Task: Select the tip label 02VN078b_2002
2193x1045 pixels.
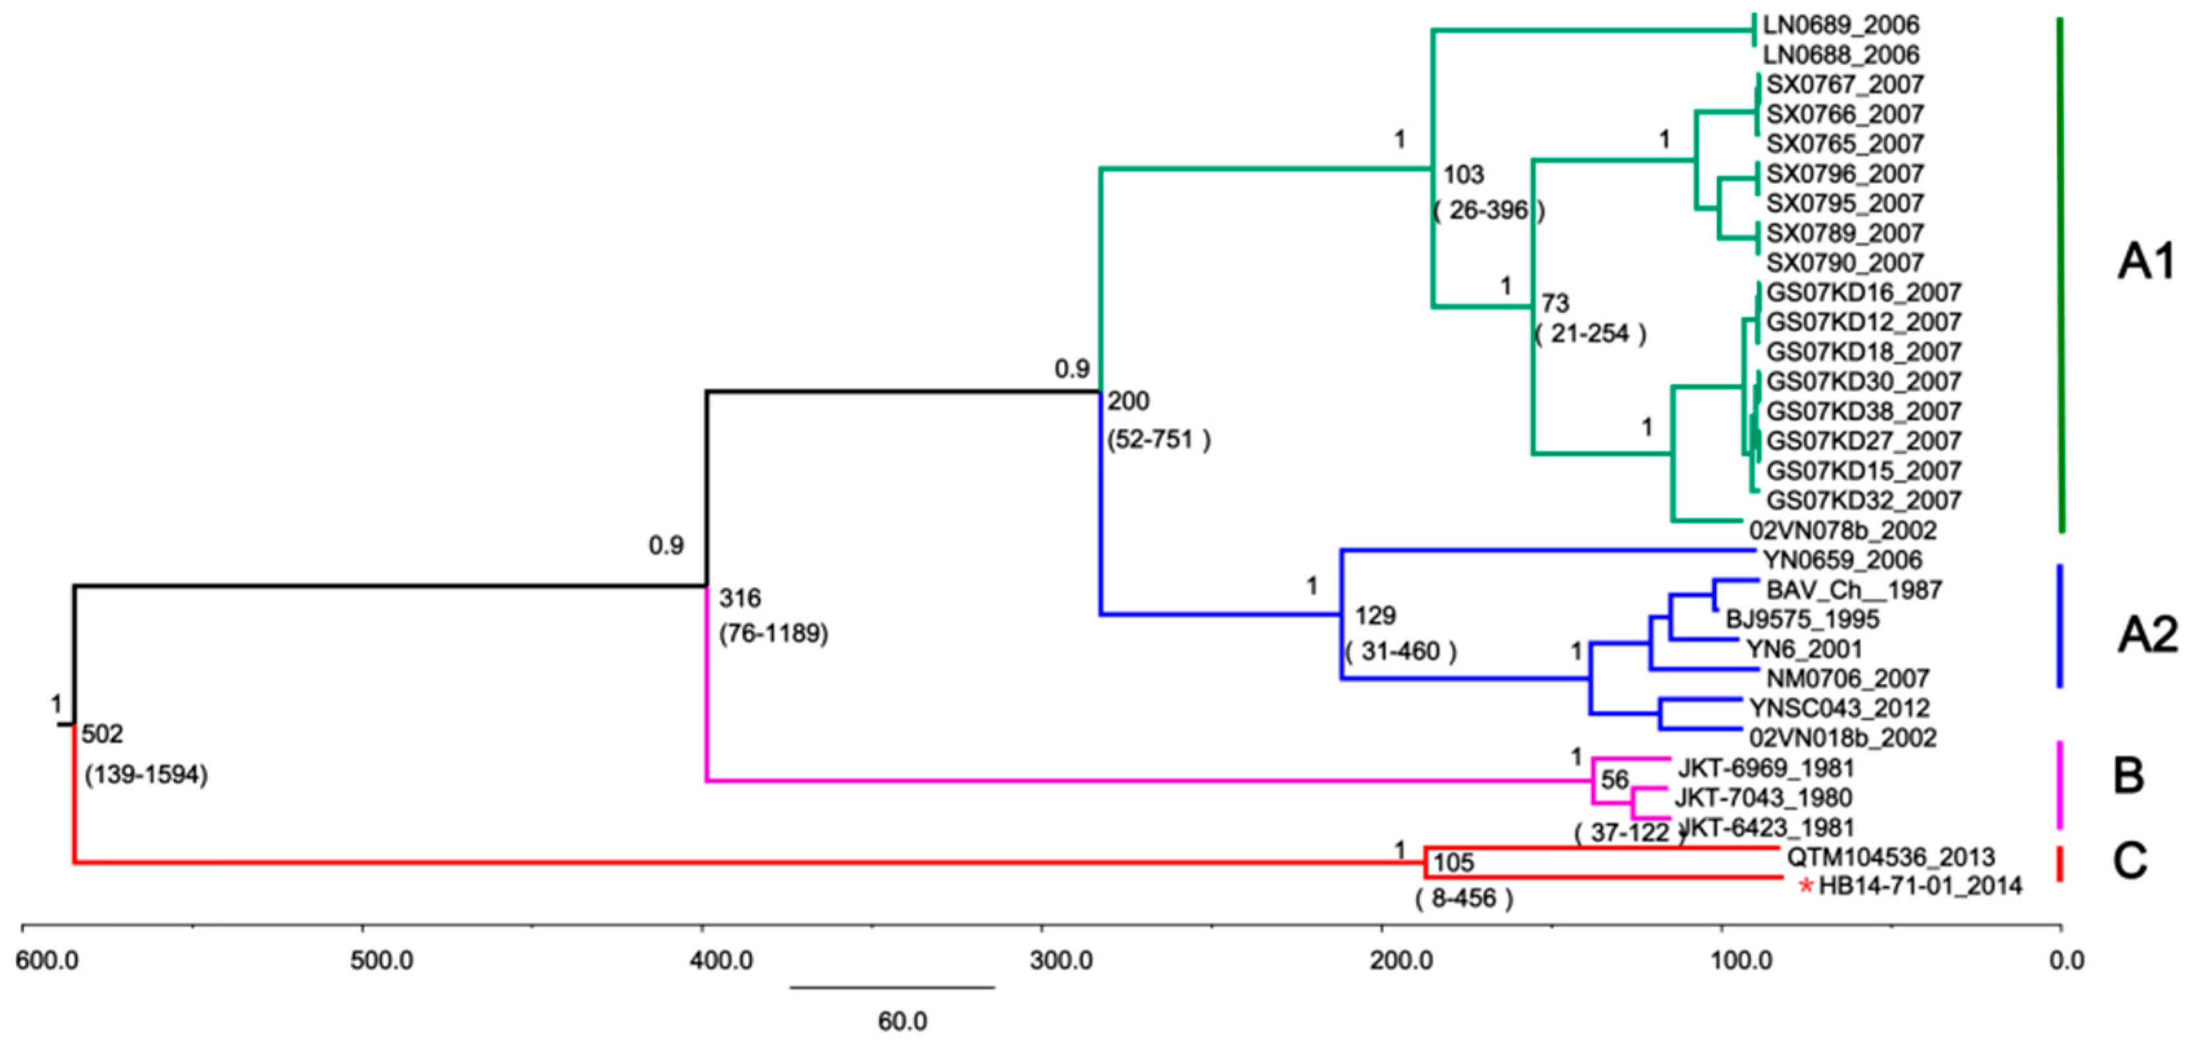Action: [1843, 530]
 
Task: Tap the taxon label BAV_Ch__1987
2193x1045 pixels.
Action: [1853, 590]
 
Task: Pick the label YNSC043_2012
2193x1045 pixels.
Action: [1839, 708]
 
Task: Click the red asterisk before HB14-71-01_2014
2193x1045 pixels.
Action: [1805, 887]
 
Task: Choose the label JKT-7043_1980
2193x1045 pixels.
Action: [1762, 797]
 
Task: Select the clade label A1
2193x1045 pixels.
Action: [2145, 262]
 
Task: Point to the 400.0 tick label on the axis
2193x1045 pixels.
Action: [722, 962]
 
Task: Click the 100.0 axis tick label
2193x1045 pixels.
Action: [1742, 962]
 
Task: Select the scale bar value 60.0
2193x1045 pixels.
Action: [902, 1021]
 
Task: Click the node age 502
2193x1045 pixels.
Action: [102, 734]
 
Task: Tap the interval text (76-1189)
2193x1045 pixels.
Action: [773, 634]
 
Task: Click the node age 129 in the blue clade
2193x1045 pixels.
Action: [1375, 615]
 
